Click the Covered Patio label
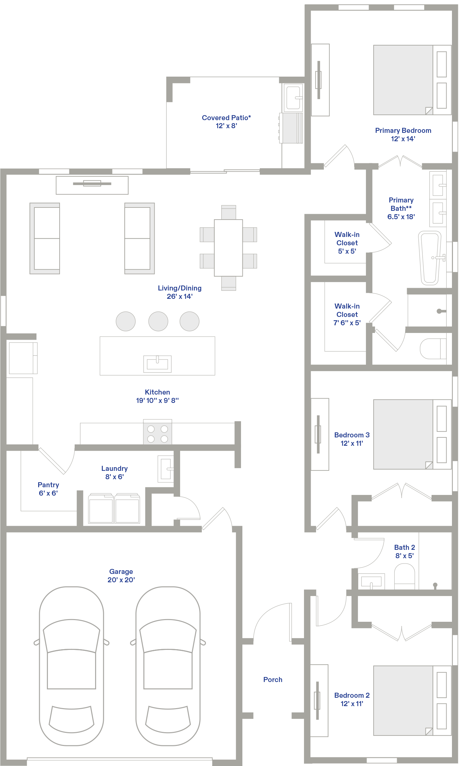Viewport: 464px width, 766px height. coord(226,118)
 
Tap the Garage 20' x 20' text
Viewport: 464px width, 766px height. coord(121,576)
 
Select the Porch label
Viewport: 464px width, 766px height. coord(273,680)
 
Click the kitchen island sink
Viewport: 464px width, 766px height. coord(157,364)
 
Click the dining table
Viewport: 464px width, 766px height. coord(228,248)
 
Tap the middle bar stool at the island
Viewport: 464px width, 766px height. coord(158,321)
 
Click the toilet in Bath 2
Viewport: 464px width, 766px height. coord(405,577)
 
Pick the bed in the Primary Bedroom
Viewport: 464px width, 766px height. coord(412,80)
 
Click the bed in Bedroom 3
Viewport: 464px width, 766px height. coord(412,434)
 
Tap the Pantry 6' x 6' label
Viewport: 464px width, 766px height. coord(49,489)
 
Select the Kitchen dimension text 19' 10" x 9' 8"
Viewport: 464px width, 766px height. coord(157,401)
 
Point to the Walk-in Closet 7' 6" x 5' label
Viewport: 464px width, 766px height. coord(347,315)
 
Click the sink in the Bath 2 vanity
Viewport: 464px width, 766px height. coord(371,582)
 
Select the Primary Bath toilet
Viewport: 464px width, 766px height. coord(433,349)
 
